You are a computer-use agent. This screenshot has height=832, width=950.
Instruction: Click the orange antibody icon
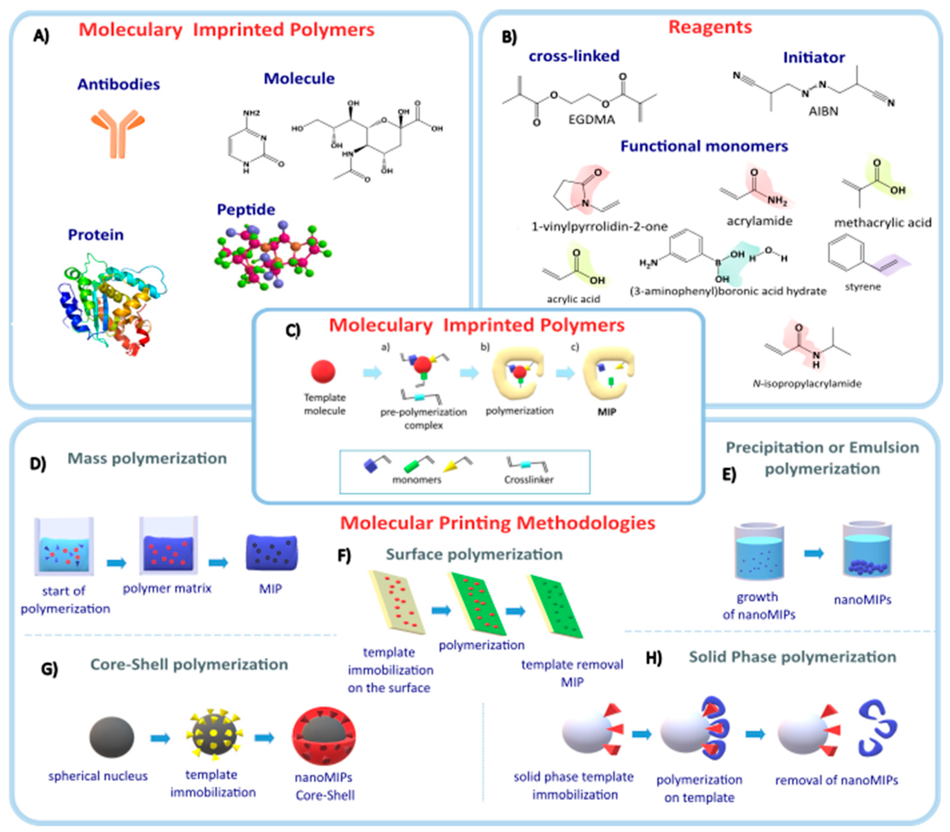tap(118, 132)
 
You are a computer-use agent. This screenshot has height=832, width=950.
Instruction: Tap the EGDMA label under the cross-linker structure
tap(591, 120)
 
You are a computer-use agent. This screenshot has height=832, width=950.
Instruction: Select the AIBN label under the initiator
tap(823, 112)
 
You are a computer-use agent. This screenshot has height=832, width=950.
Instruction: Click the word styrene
tap(863, 287)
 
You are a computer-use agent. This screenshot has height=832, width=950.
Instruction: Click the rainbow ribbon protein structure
tap(112, 304)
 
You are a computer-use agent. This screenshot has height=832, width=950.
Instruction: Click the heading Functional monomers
tap(704, 146)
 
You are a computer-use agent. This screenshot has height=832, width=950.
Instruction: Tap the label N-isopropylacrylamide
tap(807, 383)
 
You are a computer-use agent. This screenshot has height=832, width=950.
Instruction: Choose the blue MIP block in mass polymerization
tap(272, 552)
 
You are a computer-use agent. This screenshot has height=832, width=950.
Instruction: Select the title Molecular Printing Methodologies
tap(498, 523)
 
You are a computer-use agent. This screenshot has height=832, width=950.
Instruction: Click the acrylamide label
tap(759, 221)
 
